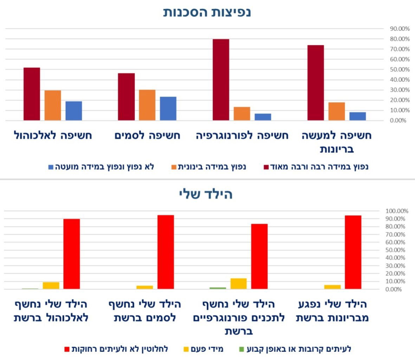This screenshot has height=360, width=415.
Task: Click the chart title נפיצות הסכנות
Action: (x=207, y=12)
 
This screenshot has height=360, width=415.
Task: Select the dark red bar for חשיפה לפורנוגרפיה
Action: (x=221, y=80)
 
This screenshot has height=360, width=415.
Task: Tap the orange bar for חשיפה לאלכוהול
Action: (x=53, y=105)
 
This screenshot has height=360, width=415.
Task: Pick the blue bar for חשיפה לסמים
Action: (x=168, y=109)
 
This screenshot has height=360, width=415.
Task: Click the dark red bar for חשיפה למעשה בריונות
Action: (x=315, y=83)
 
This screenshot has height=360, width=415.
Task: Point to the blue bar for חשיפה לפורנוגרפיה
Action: (x=263, y=117)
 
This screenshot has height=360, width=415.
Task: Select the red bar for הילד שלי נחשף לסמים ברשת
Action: (x=166, y=252)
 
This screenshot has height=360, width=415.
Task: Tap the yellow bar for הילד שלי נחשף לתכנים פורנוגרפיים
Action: (x=238, y=284)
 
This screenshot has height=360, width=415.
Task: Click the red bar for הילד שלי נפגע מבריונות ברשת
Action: (x=353, y=252)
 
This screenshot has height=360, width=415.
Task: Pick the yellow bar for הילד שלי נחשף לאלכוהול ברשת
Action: (x=51, y=285)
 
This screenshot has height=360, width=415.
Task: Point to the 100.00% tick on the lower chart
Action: (x=397, y=211)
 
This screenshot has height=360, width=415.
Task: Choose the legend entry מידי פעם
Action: (x=204, y=349)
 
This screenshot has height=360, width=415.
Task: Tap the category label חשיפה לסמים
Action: (x=147, y=136)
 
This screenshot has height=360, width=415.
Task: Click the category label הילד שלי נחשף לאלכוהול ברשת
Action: (x=51, y=311)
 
